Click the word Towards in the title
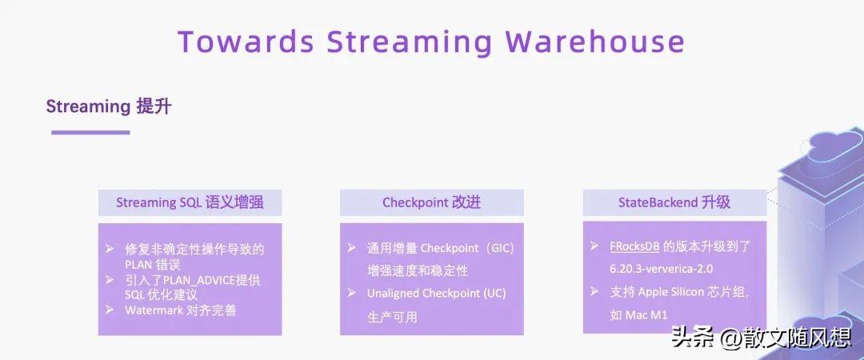246,42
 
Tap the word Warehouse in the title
595,42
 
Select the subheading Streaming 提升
109,106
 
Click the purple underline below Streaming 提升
90,132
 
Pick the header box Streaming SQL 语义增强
190,203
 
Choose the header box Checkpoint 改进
431,203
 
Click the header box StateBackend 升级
674,202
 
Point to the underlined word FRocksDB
634,246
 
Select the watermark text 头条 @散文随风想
761,337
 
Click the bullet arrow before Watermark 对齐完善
110,310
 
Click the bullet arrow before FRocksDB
594,246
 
